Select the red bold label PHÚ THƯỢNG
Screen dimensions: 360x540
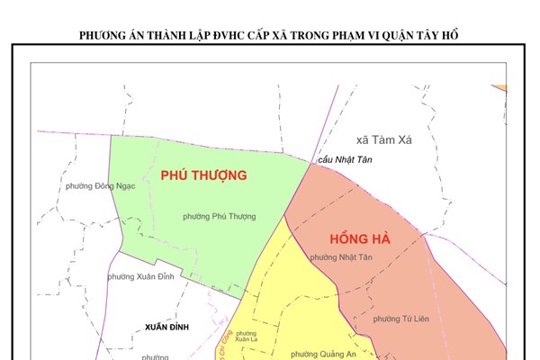tap(203, 175)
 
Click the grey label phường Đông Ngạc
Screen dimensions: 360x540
tap(100, 186)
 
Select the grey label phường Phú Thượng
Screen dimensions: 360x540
tap(219, 216)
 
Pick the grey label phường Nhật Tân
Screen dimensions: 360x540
tap(341, 257)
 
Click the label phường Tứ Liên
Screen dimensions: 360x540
tap(400, 319)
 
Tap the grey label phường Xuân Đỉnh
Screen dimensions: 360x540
tap(141, 278)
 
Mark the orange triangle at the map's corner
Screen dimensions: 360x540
tap(499, 86)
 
